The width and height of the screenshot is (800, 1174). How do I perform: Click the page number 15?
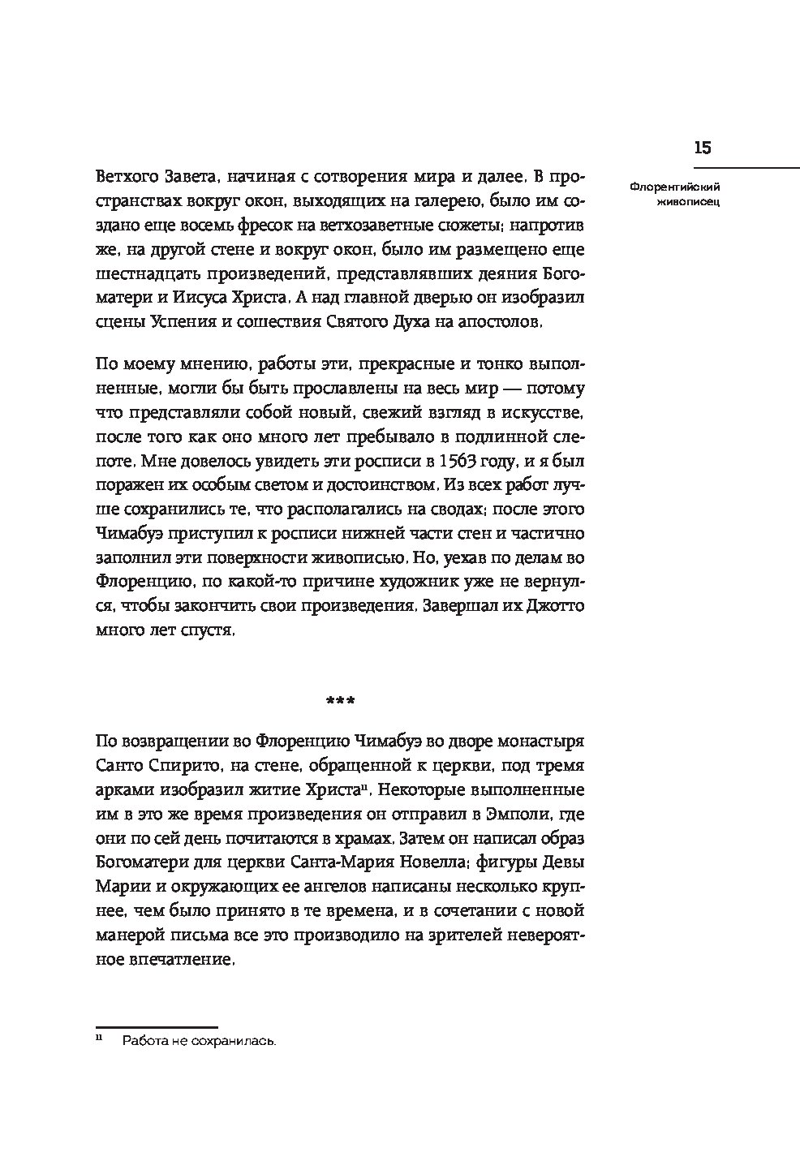(702, 148)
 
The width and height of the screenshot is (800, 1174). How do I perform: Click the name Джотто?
(557, 606)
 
